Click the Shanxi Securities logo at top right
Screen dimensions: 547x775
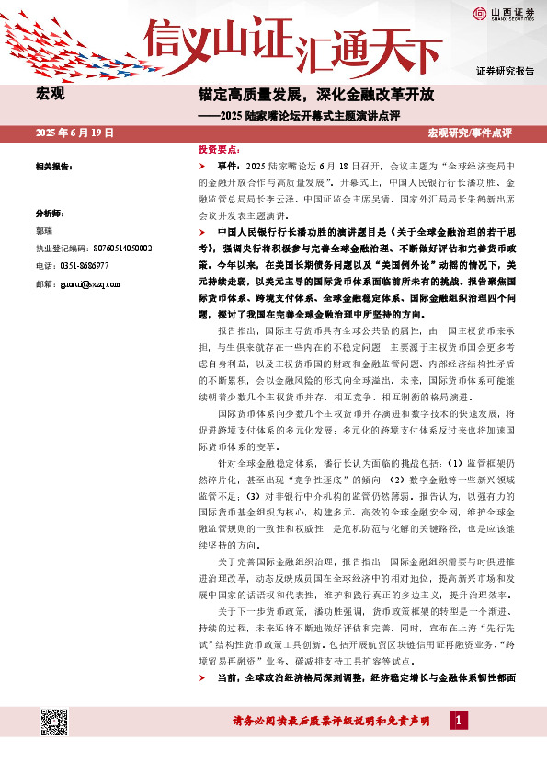pos(504,12)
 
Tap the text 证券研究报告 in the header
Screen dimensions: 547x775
pos(505,71)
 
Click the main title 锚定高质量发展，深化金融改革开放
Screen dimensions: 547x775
pos(317,95)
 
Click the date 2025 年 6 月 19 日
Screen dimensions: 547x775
pos(74,133)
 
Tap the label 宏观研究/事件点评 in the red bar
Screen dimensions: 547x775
pos(470,133)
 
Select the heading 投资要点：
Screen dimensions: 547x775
pos(220,148)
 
